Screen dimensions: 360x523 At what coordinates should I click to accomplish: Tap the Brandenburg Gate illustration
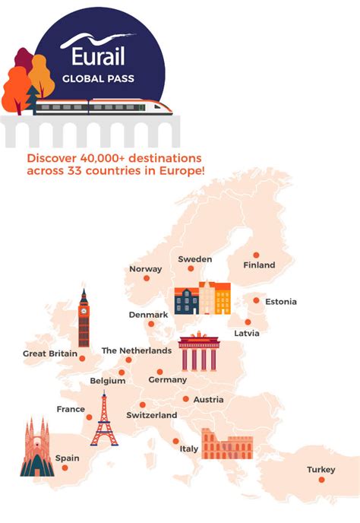click(x=199, y=352)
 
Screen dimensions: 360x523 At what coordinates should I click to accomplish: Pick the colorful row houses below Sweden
click(x=202, y=298)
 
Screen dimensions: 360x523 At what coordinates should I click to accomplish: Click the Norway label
click(x=146, y=269)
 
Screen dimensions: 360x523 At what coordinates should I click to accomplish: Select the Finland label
click(x=259, y=265)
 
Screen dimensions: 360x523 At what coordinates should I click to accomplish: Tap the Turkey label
click(x=321, y=470)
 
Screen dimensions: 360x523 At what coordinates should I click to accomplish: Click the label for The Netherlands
click(x=137, y=350)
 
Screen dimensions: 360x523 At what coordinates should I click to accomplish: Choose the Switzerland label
click(x=151, y=415)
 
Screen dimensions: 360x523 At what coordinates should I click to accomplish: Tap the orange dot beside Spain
click(x=65, y=468)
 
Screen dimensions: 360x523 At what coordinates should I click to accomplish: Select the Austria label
click(x=208, y=400)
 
